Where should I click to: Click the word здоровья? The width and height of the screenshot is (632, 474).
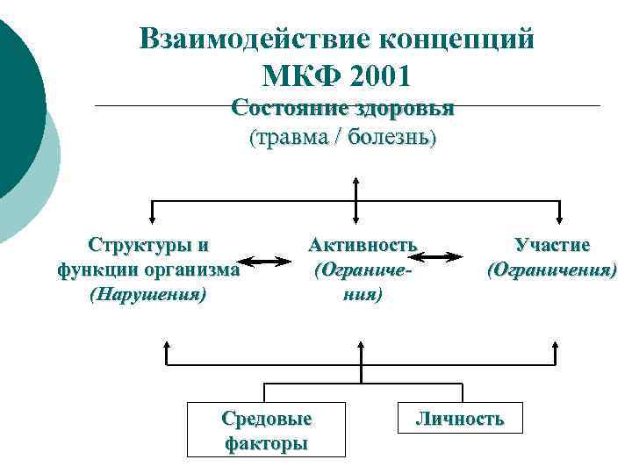tap(402, 108)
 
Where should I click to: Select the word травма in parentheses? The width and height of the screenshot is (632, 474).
tap(292, 138)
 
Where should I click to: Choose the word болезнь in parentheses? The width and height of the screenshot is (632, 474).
tap(391, 138)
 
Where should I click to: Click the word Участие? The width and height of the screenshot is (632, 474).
tap(552, 245)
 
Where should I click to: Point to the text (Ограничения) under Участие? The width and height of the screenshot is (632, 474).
tap(552, 269)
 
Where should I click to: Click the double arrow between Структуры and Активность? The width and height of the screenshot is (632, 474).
tap(265, 261)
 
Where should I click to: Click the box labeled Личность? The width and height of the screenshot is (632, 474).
tap(460, 419)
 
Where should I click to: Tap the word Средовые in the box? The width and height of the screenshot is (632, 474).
tap(266, 419)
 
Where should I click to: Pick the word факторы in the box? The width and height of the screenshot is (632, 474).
tap(266, 443)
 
